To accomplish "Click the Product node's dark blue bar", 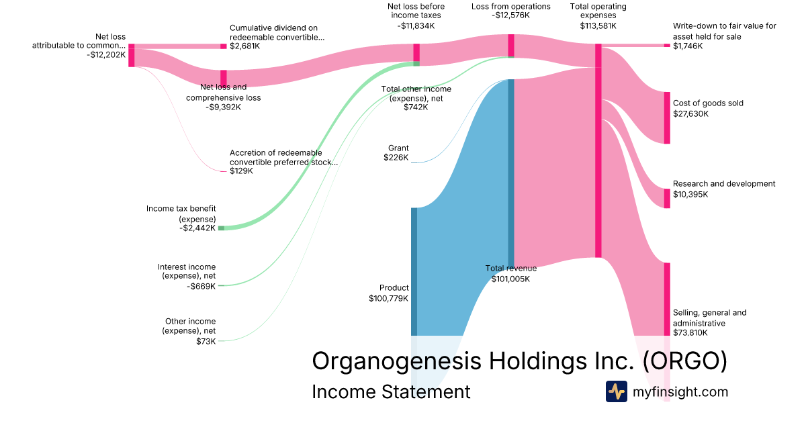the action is pyautogui.click(x=414, y=271).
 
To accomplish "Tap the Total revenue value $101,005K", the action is pyautogui.click(x=510, y=279).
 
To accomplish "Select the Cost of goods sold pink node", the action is pyautogui.click(x=667, y=118).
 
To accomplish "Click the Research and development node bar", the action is pyautogui.click(x=667, y=199).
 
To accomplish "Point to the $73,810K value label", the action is pyautogui.click(x=690, y=333).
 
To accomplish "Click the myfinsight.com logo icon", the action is pyautogui.click(x=617, y=391).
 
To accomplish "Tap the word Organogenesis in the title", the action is pyautogui.click(x=396, y=361).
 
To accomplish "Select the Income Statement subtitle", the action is pyautogui.click(x=391, y=391).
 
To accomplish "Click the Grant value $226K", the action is pyautogui.click(x=396, y=158).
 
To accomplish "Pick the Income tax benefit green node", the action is pyautogui.click(x=221, y=228).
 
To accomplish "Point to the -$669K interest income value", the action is pyautogui.click(x=201, y=286).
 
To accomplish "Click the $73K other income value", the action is pyautogui.click(x=206, y=341).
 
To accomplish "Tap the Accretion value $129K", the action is pyautogui.click(x=241, y=171).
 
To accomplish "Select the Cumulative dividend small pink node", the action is pyautogui.click(x=224, y=46).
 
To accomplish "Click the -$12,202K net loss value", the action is pyautogui.click(x=106, y=54).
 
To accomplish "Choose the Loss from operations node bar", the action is pyautogui.click(x=511, y=46).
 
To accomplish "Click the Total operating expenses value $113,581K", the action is pyautogui.click(x=598, y=26).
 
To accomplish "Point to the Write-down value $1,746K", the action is pyautogui.click(x=688, y=46).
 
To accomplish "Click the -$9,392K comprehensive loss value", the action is pyautogui.click(x=224, y=107).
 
